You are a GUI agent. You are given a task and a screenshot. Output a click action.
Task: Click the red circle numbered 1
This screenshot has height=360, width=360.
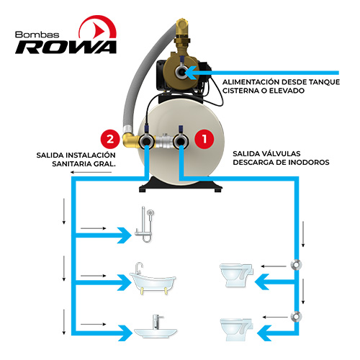(x=204, y=139)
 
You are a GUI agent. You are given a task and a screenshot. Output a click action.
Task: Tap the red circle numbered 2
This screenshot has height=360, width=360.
(x=110, y=139)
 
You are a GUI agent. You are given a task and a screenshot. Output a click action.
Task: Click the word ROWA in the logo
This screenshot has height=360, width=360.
(x=66, y=48)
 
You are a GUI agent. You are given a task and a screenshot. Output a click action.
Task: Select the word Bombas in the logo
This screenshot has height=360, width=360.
(x=37, y=35)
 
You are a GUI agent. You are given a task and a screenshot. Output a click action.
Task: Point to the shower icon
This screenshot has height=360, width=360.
(x=145, y=225)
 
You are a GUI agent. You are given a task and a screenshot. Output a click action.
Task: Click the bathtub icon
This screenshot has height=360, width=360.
(x=153, y=279)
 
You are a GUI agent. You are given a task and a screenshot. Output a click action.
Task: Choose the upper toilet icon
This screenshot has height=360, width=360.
(x=237, y=275)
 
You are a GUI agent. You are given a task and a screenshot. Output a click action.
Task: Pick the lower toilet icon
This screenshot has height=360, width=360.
(x=237, y=330)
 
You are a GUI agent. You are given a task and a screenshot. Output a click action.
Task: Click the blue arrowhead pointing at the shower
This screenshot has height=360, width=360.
(x=125, y=235)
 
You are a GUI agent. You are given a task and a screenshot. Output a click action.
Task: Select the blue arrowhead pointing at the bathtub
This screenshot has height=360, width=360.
(x=125, y=283)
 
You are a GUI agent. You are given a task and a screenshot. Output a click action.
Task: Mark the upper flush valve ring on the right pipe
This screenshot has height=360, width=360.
(x=296, y=265)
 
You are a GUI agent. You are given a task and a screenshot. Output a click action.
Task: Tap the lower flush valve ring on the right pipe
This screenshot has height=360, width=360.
(x=296, y=317)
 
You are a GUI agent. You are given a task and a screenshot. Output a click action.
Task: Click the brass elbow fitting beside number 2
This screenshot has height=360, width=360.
(x=131, y=139)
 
